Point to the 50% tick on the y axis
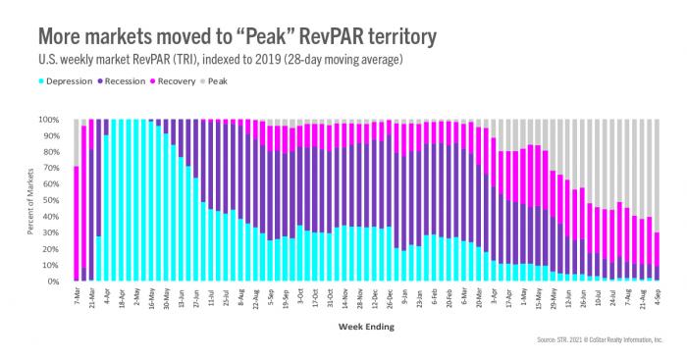point(55,201)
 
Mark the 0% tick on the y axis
point(57,283)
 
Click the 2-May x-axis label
point(137,295)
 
